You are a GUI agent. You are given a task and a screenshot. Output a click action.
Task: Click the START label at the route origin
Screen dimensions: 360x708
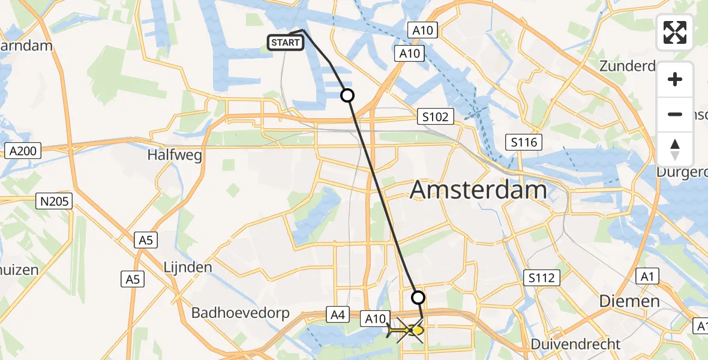click(x=285, y=43)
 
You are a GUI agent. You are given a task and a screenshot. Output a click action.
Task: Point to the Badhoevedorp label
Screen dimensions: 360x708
click(x=240, y=313)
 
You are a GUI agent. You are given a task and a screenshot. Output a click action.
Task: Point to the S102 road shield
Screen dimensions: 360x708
click(x=435, y=116)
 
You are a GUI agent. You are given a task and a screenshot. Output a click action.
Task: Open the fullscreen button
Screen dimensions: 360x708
click(x=675, y=32)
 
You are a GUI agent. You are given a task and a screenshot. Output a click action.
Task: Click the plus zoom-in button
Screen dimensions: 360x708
click(x=675, y=79)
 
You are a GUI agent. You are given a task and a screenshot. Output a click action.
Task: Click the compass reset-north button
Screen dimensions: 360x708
click(x=675, y=149)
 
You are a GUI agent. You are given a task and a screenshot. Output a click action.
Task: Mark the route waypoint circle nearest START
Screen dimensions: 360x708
click(x=347, y=95)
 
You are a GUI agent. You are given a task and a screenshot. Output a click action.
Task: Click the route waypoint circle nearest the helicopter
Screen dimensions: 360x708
click(x=418, y=297)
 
